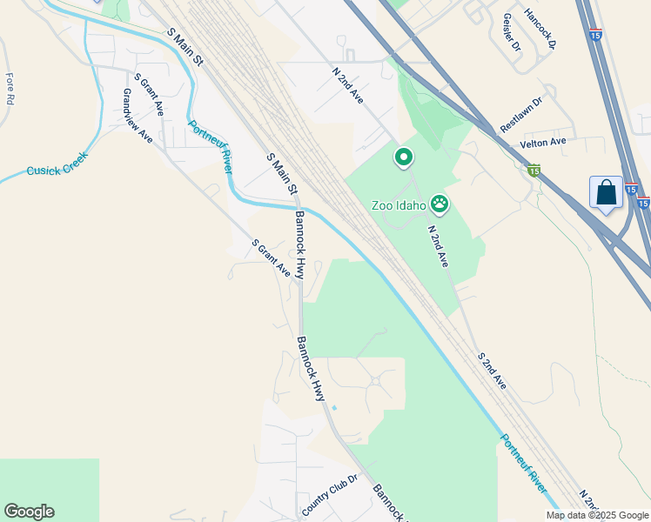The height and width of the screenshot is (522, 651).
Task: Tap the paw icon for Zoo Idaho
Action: pos(440,204)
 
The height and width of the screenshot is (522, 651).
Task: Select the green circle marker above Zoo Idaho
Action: pos(404,157)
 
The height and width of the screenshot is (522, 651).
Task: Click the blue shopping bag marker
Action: pos(606,193)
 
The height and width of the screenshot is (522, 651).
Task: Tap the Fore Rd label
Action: pos(10,89)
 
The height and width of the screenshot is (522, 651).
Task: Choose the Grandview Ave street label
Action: pos(138,117)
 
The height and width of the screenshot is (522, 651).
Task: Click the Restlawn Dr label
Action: pos(520,115)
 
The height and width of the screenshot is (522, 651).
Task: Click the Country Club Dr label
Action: pos(330,494)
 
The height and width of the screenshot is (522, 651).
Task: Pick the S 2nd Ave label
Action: pos(491,370)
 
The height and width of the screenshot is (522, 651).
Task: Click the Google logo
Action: pos(29,512)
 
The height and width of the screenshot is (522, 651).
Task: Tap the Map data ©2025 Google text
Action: pos(597,515)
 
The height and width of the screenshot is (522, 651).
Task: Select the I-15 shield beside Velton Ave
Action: pos(534,171)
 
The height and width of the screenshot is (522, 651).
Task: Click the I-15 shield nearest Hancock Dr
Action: pos(595,35)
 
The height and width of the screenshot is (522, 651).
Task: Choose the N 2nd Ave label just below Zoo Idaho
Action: pos(438,246)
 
